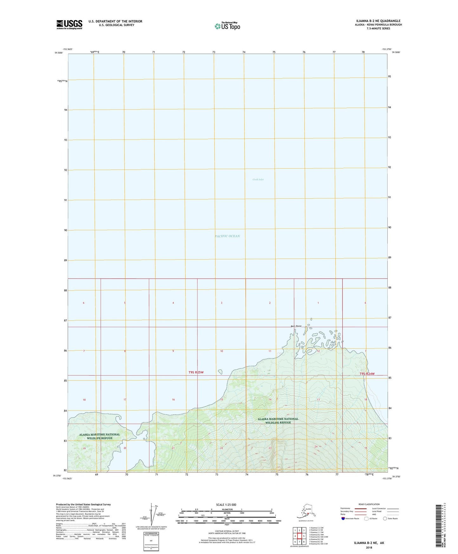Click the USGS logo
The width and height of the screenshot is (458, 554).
coord(69,24)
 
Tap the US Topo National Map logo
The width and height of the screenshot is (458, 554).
coord(227,26)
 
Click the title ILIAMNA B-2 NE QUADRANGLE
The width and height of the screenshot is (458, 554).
coord(378,21)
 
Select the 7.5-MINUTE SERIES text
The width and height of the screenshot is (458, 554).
coord(378,29)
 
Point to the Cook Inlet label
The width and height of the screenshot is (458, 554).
coord(258,180)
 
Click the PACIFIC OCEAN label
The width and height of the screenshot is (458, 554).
coord(227,236)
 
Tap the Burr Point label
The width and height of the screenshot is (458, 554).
coord(296,326)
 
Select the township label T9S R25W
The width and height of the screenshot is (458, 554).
coord(196,372)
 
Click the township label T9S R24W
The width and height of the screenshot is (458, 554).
coord(367,374)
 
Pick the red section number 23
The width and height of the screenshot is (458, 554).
coord(270,448)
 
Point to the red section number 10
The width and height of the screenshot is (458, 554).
coord(222,351)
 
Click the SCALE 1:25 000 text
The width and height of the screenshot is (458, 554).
coord(226,505)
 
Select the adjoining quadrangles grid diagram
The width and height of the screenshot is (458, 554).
coord(299,536)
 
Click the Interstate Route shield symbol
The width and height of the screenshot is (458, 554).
coord(343,518)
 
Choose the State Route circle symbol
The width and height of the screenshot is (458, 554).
coord(385,518)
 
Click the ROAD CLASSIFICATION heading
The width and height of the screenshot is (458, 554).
coord(369,504)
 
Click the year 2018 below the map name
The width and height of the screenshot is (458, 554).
coord(369,548)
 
